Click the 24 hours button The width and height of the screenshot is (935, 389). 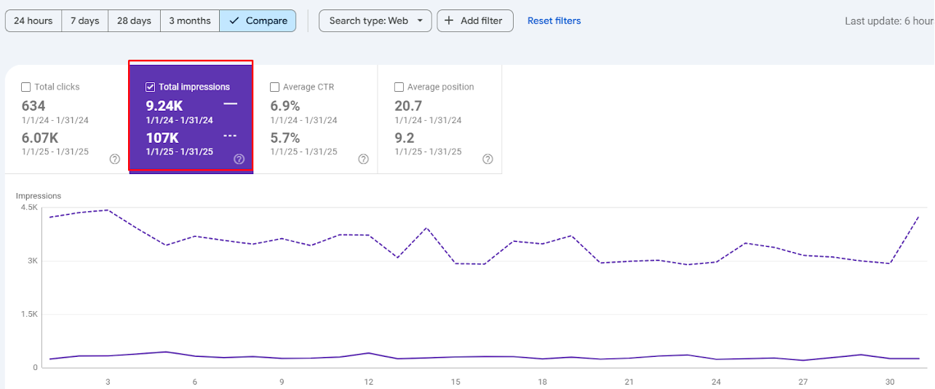pyautogui.click(x=33, y=21)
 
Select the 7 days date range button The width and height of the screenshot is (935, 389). pyautogui.click(x=84, y=21)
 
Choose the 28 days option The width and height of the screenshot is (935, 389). pyautogui.click(x=134, y=21)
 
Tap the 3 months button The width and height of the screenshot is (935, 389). pyautogui.click(x=190, y=21)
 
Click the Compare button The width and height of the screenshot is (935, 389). pyautogui.click(x=258, y=21)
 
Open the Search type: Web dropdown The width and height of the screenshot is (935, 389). pyautogui.click(x=375, y=21)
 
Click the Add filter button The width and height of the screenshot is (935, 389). pyautogui.click(x=475, y=21)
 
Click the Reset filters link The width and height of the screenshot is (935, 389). pyautogui.click(x=554, y=21)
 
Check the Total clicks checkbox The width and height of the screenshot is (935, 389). pyautogui.click(x=26, y=87)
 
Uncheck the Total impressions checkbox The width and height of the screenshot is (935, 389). pyautogui.click(x=151, y=87)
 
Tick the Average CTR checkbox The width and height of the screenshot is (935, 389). pyautogui.click(x=274, y=87)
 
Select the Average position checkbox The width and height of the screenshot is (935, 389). pyautogui.click(x=399, y=87)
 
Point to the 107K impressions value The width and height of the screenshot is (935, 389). pyautogui.click(x=162, y=138)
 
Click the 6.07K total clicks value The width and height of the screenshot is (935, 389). pyautogui.click(x=40, y=138)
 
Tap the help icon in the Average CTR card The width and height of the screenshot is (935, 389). pyautogui.click(x=364, y=160)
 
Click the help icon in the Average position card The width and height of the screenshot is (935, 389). pyautogui.click(x=488, y=160)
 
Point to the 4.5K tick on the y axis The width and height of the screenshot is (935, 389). pyautogui.click(x=29, y=207)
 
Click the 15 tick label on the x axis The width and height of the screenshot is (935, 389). pyautogui.click(x=455, y=382)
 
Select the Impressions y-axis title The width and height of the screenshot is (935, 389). pyautogui.click(x=39, y=196)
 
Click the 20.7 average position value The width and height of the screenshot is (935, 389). pyautogui.click(x=408, y=106)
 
